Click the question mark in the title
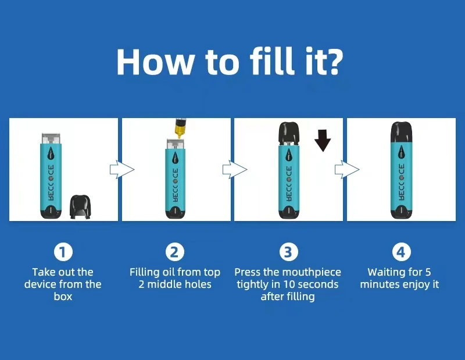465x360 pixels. click(x=333, y=62)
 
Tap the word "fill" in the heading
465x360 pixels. click(x=272, y=60)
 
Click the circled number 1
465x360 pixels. click(x=63, y=252)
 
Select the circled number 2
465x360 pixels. click(x=175, y=252)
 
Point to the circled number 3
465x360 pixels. click(x=288, y=252)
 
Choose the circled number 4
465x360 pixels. click(x=400, y=252)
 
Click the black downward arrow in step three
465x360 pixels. click(x=323, y=140)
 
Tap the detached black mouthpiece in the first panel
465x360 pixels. click(x=80, y=206)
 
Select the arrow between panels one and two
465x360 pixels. click(x=122, y=169)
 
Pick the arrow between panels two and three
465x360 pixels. click(x=235, y=169)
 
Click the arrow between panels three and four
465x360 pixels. click(x=347, y=169)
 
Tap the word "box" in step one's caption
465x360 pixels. click(x=63, y=297)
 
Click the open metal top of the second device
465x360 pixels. click(x=176, y=144)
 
